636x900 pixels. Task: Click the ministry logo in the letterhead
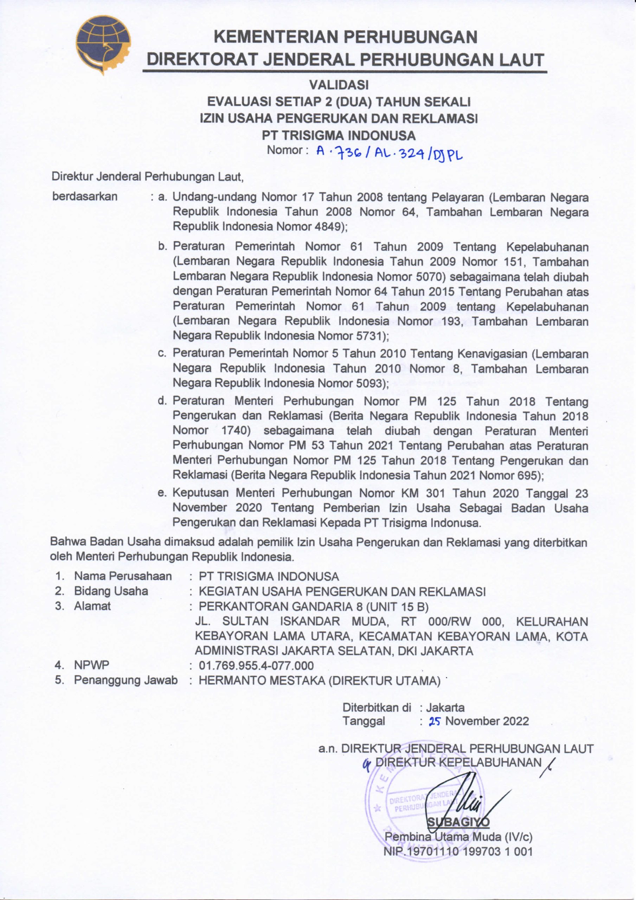103,44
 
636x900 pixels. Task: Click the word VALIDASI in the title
339,85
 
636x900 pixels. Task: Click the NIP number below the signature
458,852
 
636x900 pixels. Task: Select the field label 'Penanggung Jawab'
126,680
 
